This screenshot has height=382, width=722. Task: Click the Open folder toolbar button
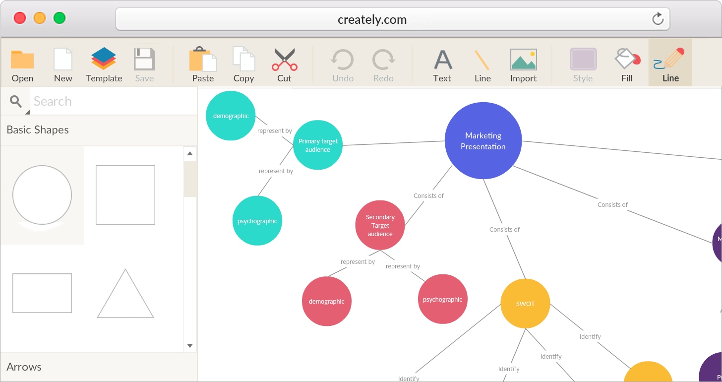point(22,65)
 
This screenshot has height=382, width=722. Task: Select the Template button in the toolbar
point(104,65)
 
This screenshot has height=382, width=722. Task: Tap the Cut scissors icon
point(284,65)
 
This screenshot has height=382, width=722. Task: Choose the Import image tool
point(523,65)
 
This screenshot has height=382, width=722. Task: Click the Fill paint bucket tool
point(627,65)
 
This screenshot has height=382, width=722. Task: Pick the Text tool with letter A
point(442,65)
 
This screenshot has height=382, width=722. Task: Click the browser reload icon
point(658,19)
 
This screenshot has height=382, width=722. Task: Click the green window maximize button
point(60,18)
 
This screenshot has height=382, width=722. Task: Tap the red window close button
point(20,18)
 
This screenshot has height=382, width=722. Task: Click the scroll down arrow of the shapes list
point(190,345)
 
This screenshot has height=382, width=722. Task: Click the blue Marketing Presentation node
point(483,141)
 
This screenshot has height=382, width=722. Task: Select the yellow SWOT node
point(525,304)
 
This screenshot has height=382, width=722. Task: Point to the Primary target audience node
point(318,145)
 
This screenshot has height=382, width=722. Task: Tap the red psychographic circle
point(442,299)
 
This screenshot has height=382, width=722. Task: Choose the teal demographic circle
point(231,116)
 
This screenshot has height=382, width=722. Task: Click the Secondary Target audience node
point(380,225)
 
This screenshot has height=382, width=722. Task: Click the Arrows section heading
point(24,367)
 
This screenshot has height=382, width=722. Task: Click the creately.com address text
point(372,20)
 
